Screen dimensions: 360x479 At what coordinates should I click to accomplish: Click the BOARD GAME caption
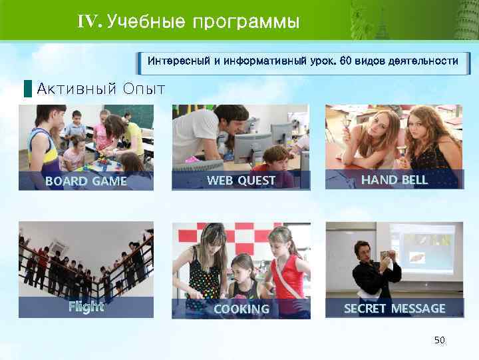[x=86, y=181]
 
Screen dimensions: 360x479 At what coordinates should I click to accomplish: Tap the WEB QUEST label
[x=241, y=180]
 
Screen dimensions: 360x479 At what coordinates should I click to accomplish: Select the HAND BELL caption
[x=394, y=180]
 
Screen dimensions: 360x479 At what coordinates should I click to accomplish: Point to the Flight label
[x=86, y=307]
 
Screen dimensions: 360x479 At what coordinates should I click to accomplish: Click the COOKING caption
[x=241, y=309]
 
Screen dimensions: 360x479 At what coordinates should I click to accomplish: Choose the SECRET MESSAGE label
[x=394, y=308]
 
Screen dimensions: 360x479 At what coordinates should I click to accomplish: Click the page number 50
[x=439, y=341]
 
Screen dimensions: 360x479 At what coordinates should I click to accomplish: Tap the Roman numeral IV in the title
[x=88, y=22]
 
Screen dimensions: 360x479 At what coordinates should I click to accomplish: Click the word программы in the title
[x=245, y=23]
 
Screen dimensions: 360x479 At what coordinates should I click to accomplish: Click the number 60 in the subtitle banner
[x=346, y=61]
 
